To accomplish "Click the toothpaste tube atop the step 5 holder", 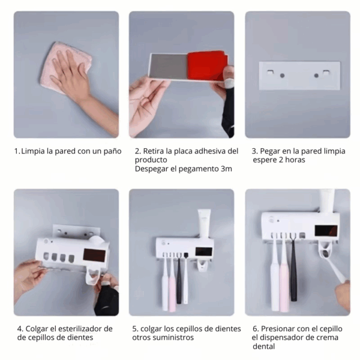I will tap(204, 222).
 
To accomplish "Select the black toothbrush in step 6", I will tap(293, 270).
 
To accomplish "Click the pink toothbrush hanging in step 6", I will tap(284, 273).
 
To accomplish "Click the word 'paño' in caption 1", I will tap(112, 151).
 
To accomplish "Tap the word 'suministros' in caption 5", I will tap(174, 338).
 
